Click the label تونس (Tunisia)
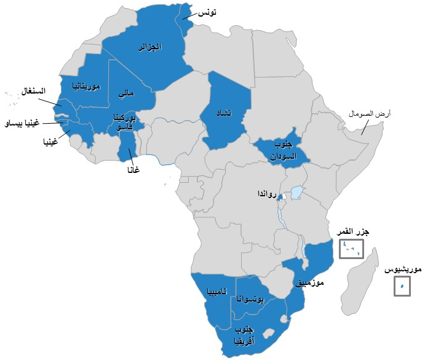coord(207,12)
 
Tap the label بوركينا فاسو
coord(124,121)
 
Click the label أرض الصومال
coord(370,114)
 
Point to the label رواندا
coord(266,194)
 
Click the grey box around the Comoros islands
coord(352,249)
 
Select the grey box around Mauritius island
coord(402,286)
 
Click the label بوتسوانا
coord(251,300)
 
